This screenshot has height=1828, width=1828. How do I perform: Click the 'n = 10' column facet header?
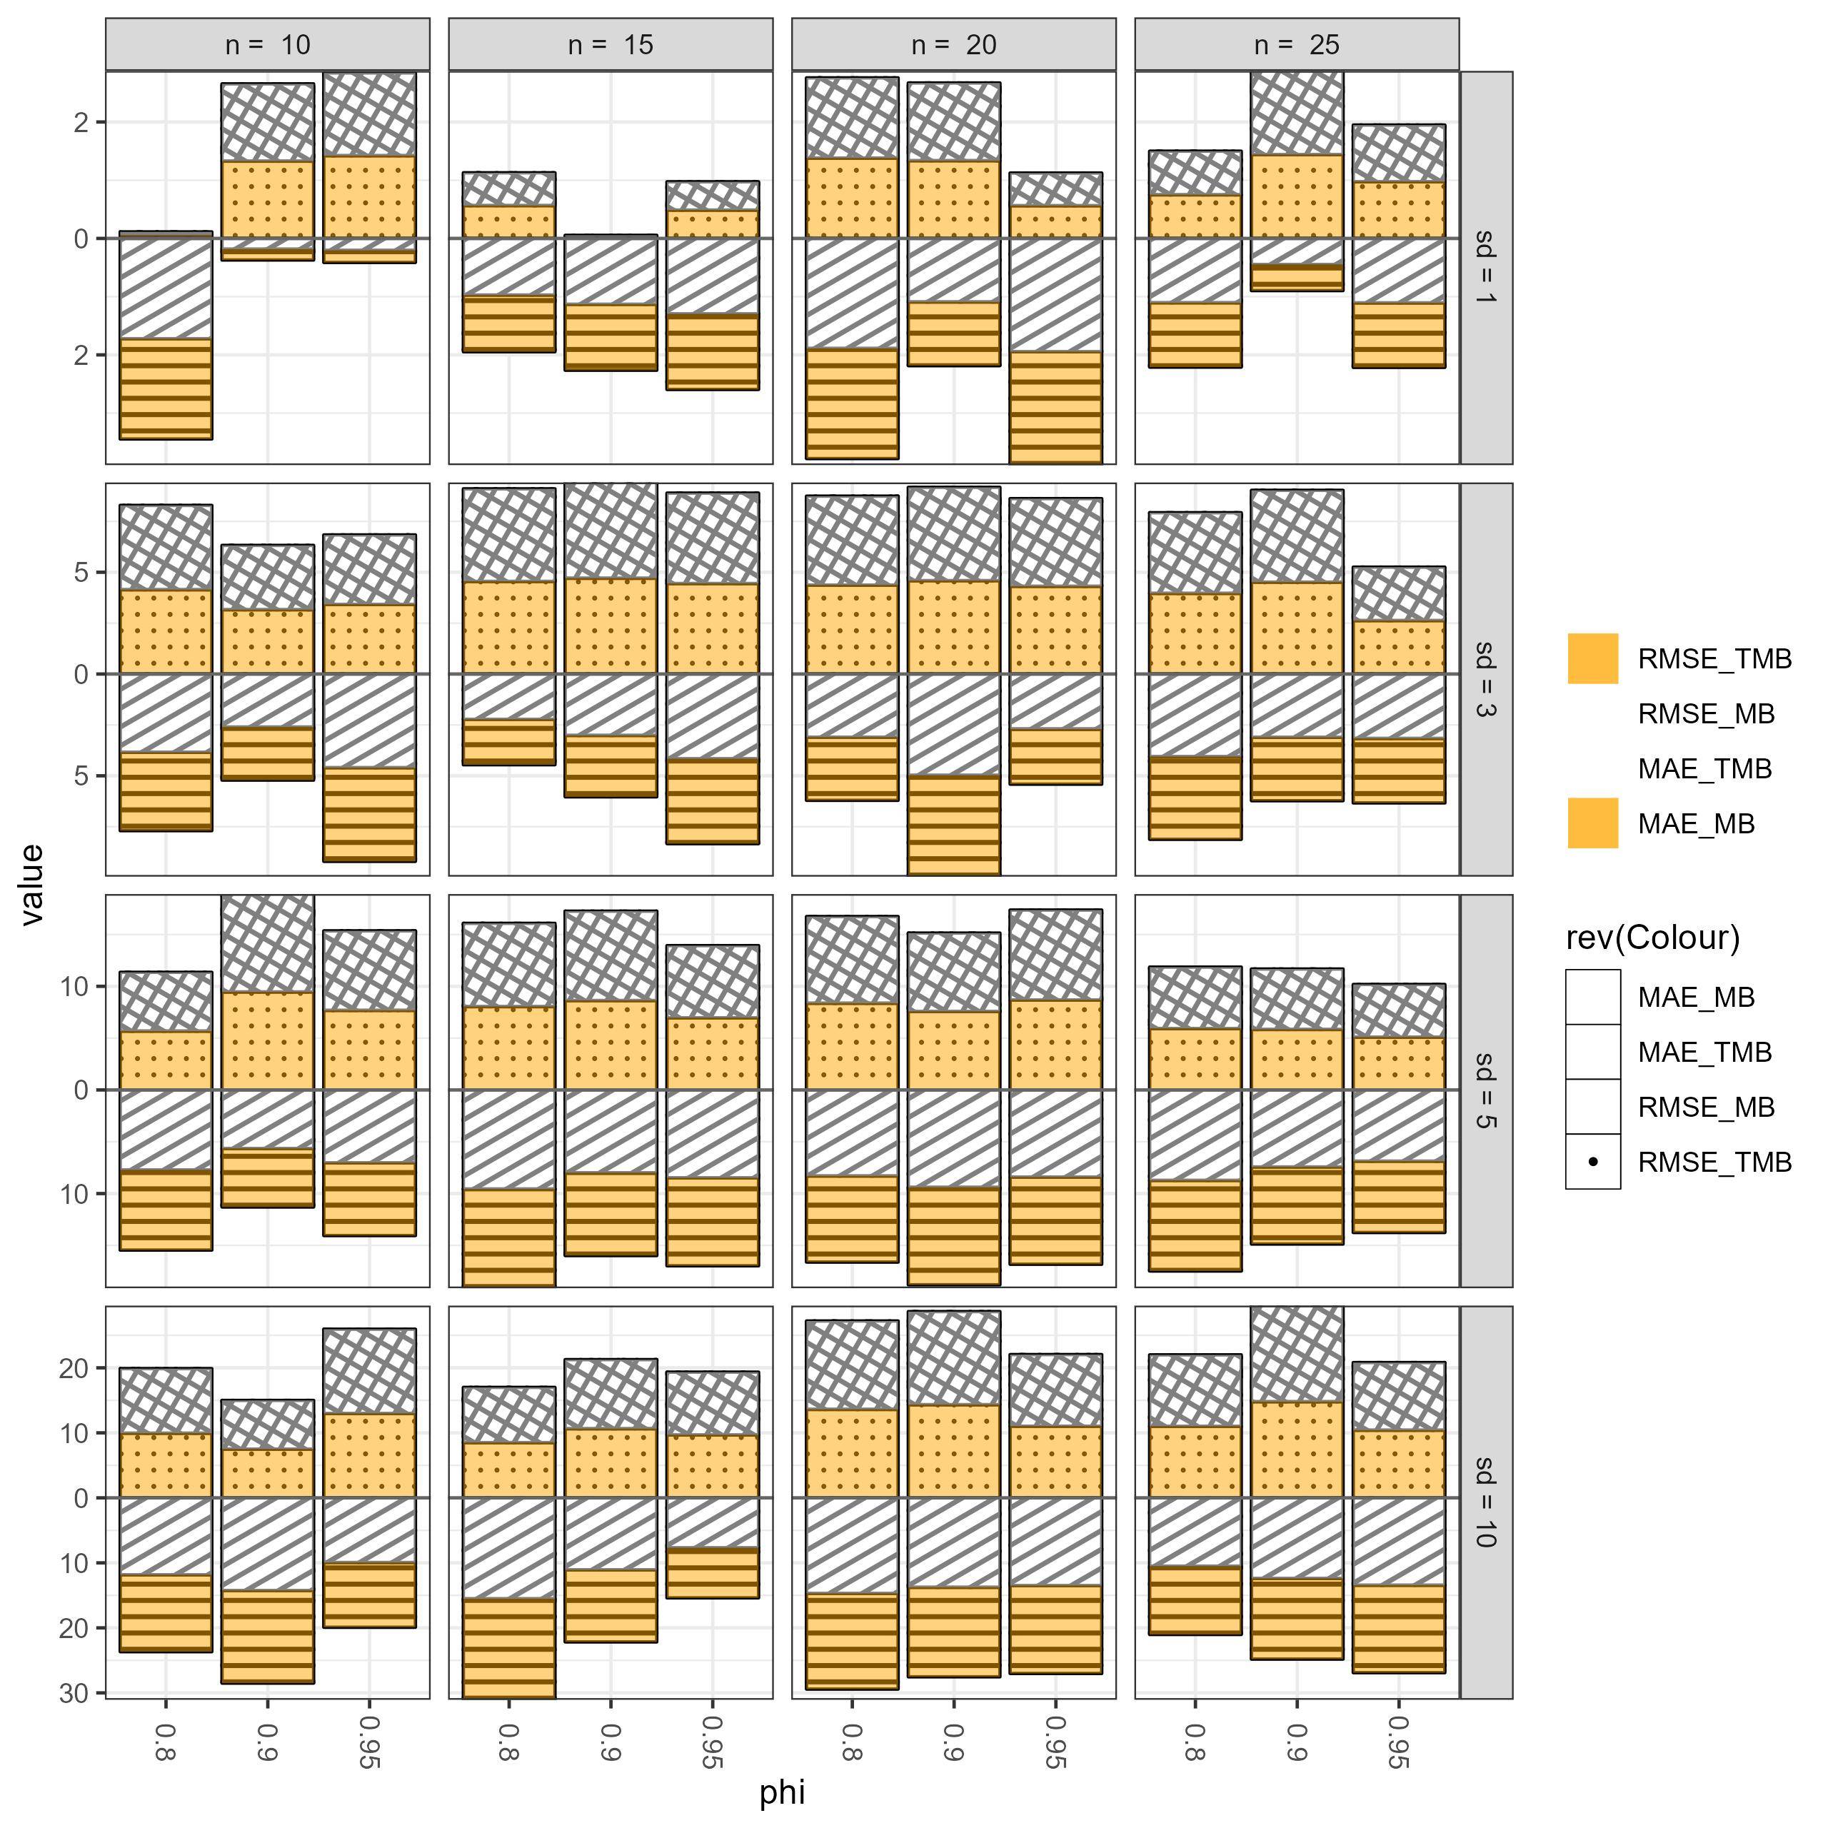[x=268, y=44]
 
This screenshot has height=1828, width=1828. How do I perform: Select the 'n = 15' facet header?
[x=611, y=44]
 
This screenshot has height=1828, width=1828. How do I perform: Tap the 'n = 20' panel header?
[x=954, y=44]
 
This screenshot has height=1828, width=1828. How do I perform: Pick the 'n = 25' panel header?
[x=1296, y=44]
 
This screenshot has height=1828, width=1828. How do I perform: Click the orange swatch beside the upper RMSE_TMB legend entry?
[x=1592, y=658]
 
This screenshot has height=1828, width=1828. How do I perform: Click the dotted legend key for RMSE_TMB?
[x=1592, y=1161]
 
